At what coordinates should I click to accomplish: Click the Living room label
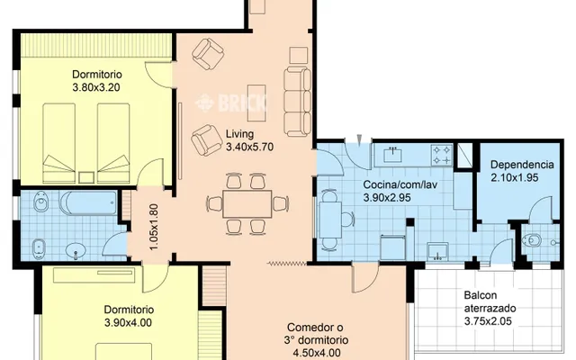(x=239, y=134)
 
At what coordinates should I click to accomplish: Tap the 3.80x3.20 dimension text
(x=96, y=88)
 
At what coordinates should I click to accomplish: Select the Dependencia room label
(x=522, y=165)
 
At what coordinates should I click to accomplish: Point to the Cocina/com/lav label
(x=400, y=184)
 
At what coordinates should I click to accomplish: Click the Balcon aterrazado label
(x=490, y=301)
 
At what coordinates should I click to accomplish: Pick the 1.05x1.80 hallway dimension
(x=154, y=227)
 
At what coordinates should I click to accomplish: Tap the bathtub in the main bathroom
(x=89, y=202)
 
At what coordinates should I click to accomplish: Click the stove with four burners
(x=442, y=155)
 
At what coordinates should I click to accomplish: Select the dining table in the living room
(x=247, y=204)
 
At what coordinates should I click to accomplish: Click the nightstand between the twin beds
(x=86, y=177)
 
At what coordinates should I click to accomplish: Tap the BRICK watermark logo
(x=231, y=103)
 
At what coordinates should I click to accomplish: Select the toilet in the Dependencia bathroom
(x=532, y=240)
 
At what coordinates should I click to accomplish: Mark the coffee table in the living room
(x=256, y=103)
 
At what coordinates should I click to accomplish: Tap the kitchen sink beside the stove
(x=392, y=154)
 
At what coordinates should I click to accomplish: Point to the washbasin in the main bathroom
(x=76, y=251)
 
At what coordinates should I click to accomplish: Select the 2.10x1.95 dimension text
(x=515, y=178)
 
